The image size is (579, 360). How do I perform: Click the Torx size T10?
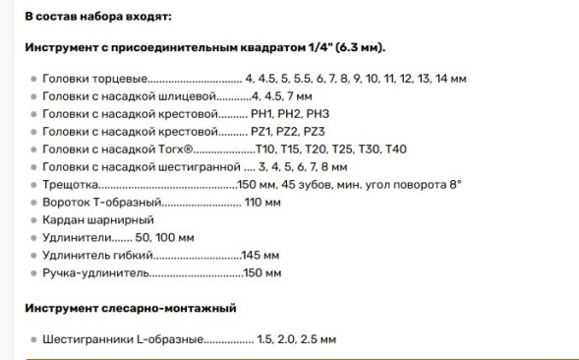(x=266, y=149)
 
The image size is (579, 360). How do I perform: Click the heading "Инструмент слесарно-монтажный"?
(x=131, y=308)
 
